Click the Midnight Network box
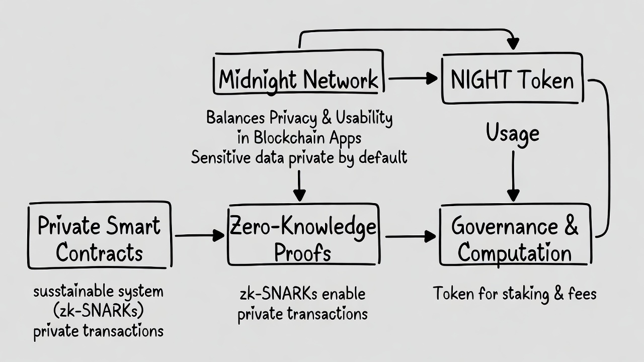pos(298,79)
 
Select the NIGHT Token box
pos(512,79)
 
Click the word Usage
pos(513,133)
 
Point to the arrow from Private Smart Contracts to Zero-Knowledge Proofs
pos(199,235)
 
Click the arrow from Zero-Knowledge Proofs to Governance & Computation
pos(410,235)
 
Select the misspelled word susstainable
pos(72,291)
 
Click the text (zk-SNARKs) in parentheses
pos(99,311)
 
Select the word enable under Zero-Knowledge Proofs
pos(340,294)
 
